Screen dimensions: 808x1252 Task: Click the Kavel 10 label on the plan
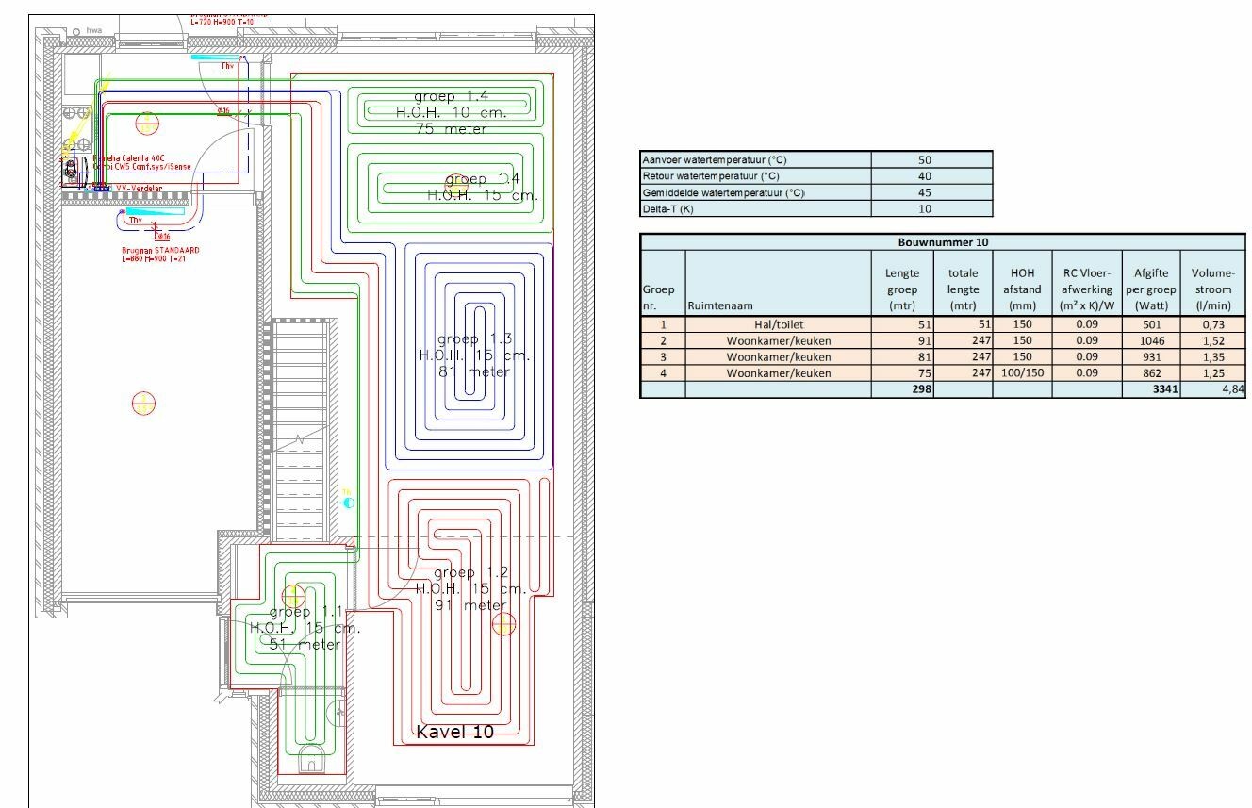(454, 732)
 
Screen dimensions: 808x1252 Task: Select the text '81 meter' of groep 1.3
(474, 371)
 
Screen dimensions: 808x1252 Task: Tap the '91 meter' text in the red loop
(470, 605)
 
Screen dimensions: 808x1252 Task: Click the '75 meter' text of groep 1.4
(452, 129)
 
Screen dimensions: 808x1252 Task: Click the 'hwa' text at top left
(93, 31)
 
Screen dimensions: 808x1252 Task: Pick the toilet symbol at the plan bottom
(310, 760)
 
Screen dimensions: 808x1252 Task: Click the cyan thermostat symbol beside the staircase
(349, 503)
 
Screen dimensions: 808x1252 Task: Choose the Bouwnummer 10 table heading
(943, 242)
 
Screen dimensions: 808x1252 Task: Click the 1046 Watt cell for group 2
(1150, 340)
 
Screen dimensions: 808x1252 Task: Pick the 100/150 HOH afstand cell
(1023, 373)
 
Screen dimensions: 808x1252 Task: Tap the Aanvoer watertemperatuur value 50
(924, 160)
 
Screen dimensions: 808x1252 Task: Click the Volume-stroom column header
(1211, 289)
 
